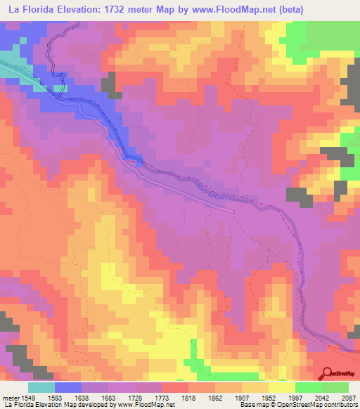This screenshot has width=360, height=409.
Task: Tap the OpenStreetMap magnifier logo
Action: (328, 374)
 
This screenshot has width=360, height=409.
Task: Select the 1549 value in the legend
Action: (27, 397)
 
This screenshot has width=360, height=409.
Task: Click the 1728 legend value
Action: (148, 397)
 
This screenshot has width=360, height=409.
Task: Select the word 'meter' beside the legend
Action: (9, 397)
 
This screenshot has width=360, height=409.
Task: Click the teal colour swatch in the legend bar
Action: (41, 387)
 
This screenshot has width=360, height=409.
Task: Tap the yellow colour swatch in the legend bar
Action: (282, 387)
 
